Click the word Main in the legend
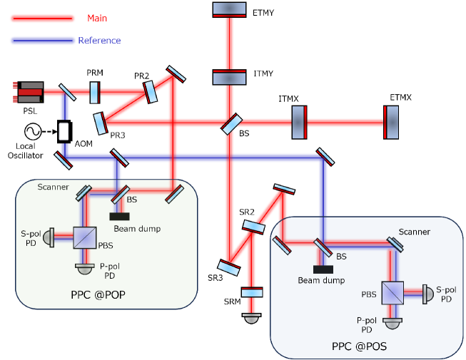(96, 19)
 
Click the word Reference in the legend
(99, 41)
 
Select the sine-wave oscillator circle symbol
(33, 131)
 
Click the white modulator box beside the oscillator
(64, 131)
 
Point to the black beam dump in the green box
(119, 216)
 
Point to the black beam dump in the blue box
(323, 269)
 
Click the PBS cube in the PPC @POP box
(84, 238)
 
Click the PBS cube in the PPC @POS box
(392, 291)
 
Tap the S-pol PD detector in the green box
(49, 238)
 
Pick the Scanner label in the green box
(53, 187)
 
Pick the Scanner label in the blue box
(415, 232)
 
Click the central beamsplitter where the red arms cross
(230, 124)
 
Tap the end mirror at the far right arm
(391, 122)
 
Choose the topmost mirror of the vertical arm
(230, 9)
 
